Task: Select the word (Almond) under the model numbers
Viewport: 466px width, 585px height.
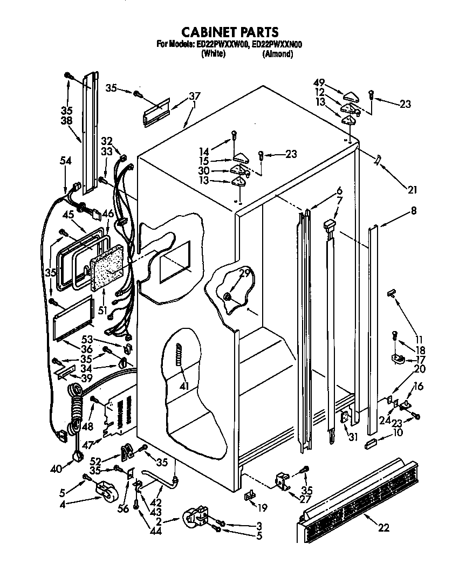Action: coord(277,54)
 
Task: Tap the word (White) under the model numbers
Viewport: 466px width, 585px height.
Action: coord(213,54)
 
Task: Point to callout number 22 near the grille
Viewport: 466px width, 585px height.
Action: coord(383,528)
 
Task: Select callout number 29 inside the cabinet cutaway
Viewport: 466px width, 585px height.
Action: coord(244,274)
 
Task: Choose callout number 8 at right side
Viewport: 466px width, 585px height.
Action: coord(413,212)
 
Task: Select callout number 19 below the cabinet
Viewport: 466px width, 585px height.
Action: coord(263,507)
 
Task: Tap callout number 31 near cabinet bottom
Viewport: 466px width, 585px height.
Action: coord(353,437)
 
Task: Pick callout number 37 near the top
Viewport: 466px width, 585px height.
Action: coord(194,97)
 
